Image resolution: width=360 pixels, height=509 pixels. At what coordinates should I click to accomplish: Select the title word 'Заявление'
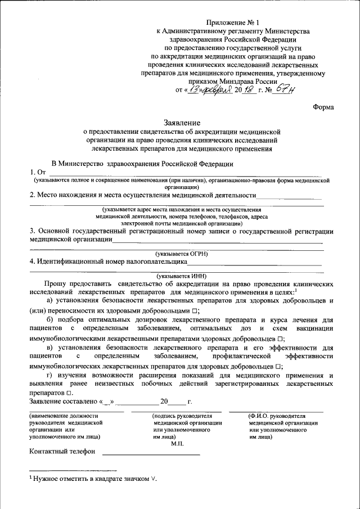(181, 122)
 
